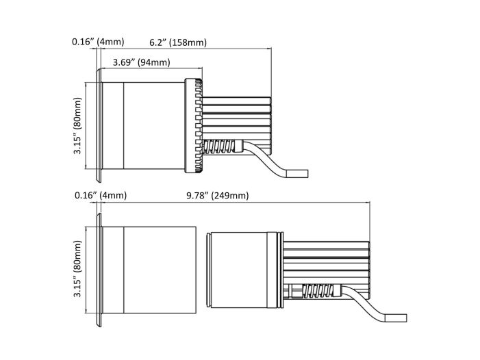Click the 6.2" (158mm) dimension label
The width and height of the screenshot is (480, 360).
178,42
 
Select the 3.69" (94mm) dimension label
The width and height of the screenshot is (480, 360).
142,62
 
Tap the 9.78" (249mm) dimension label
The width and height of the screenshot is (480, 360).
217,196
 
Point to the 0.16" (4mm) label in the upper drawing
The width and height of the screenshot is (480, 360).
98,42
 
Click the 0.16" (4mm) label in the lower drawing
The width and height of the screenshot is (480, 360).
101,195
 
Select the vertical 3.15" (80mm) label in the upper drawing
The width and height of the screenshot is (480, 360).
78,126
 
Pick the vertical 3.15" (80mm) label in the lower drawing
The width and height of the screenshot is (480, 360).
78,268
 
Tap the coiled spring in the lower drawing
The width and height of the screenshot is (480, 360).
321,291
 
